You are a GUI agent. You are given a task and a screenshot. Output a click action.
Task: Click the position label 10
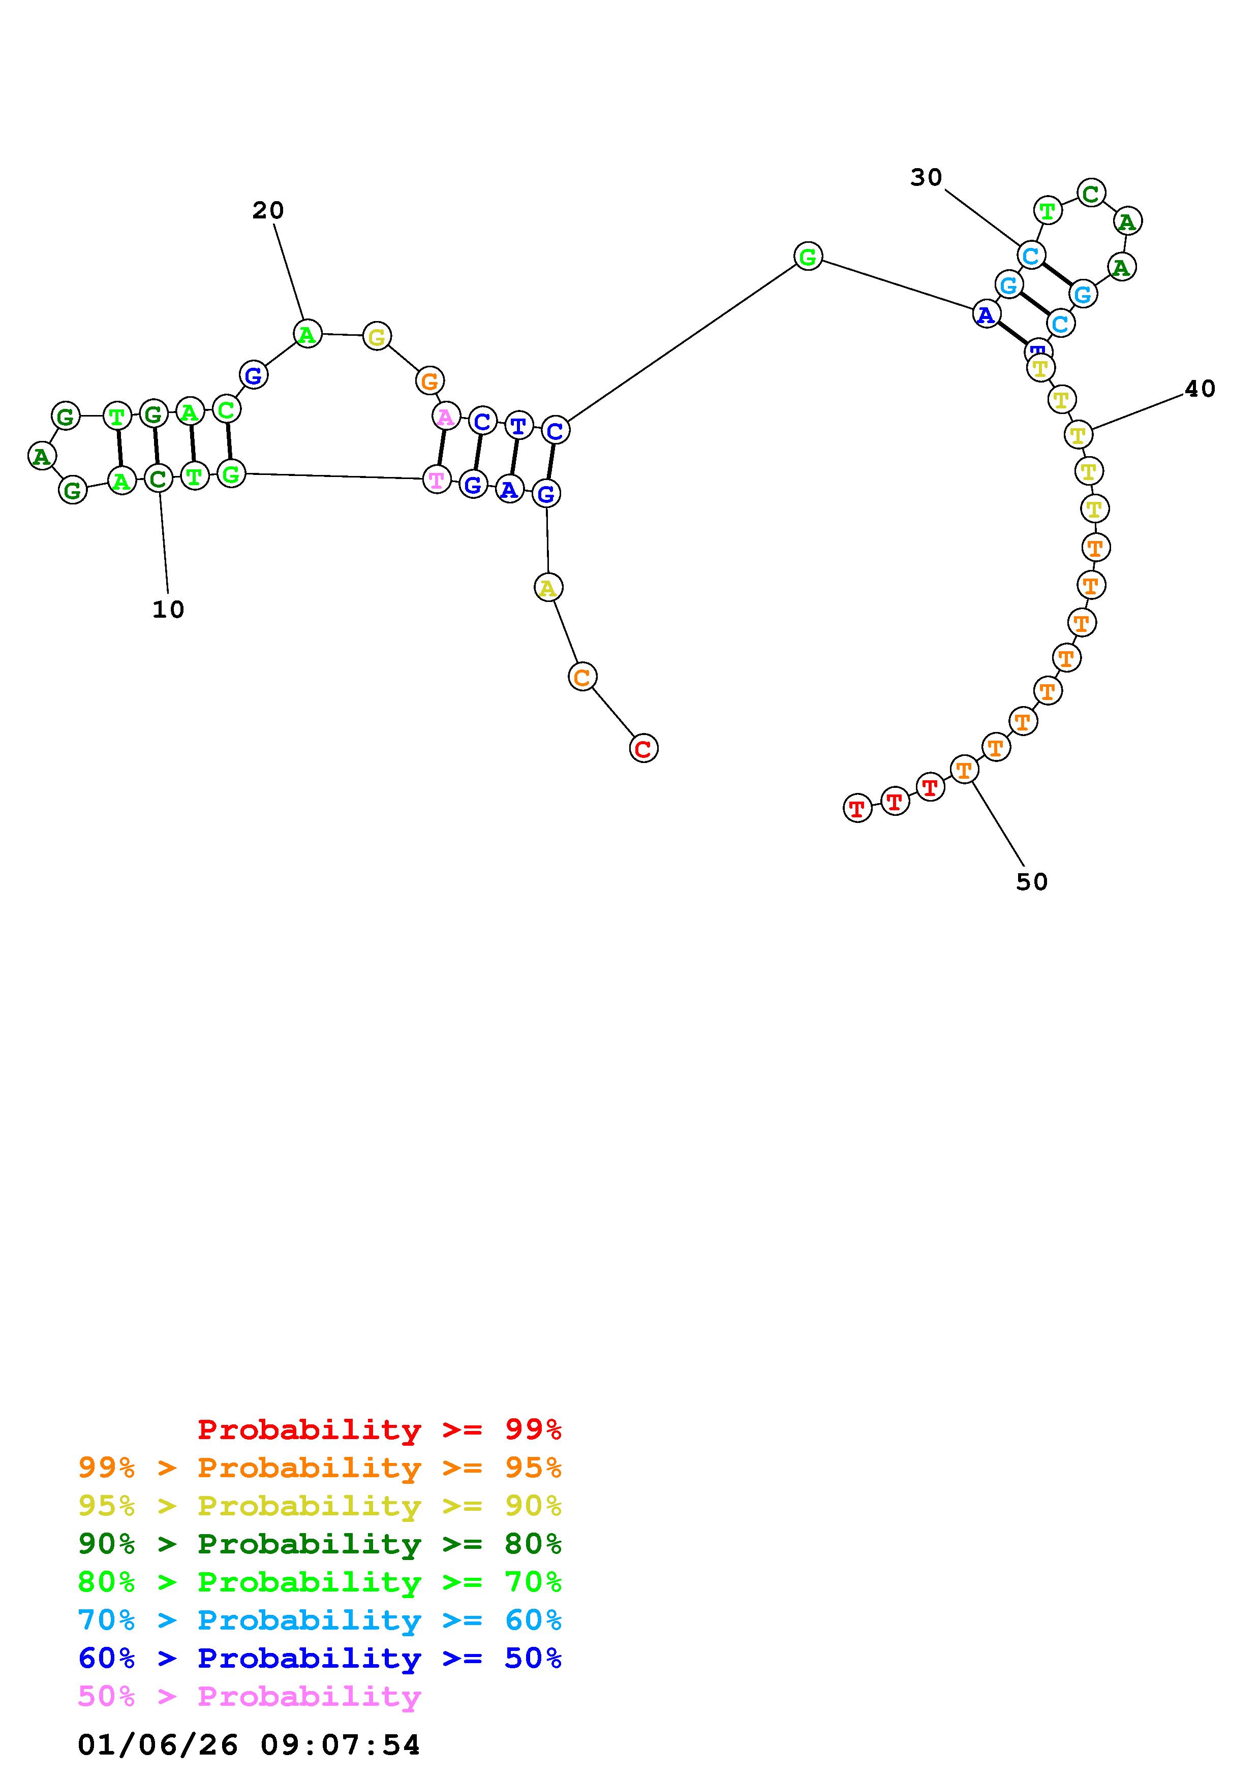click(x=168, y=610)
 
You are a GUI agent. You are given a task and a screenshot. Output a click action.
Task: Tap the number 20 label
click(x=268, y=210)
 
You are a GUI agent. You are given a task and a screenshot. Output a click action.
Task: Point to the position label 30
click(x=926, y=178)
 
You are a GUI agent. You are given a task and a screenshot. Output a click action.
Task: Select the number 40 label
click(x=1200, y=389)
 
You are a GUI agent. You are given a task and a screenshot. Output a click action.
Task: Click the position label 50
click(x=1032, y=882)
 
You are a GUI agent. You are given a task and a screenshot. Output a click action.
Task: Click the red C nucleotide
click(x=643, y=748)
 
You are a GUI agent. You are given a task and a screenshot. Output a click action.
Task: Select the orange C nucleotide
click(x=582, y=677)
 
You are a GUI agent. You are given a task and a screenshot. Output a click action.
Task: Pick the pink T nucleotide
click(x=437, y=480)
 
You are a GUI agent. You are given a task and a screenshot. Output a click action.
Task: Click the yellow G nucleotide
click(x=377, y=336)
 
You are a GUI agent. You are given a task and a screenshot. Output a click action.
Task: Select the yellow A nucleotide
click(x=548, y=588)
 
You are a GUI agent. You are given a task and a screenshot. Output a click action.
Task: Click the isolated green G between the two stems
click(x=808, y=256)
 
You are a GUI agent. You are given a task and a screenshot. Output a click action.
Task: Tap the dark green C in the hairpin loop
click(x=1091, y=193)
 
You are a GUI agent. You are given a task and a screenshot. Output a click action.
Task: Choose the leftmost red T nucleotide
click(x=856, y=809)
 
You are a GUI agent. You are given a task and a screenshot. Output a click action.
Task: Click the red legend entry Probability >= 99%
click(x=380, y=1429)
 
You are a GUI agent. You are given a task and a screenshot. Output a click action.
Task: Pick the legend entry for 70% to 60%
click(x=320, y=1620)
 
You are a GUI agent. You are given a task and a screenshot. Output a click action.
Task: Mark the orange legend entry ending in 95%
click(x=320, y=1468)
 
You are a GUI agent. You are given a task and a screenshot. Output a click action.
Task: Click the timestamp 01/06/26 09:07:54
click(x=249, y=1745)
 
